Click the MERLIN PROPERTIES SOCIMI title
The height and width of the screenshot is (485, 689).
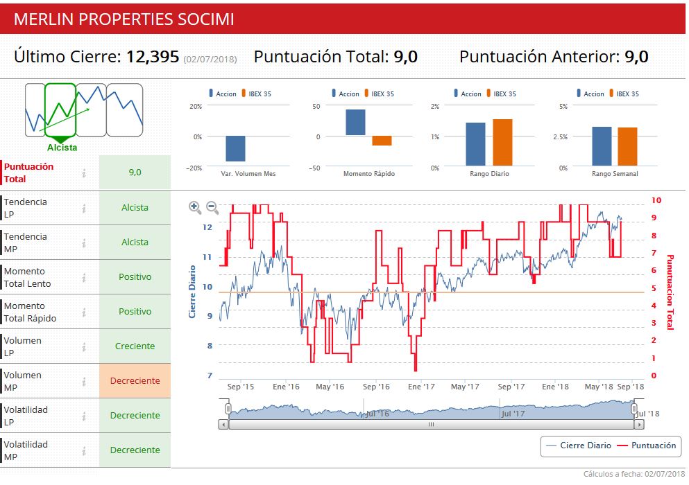[124, 19]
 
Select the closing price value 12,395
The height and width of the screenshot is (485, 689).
[152, 57]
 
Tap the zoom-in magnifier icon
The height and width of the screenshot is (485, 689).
[195, 206]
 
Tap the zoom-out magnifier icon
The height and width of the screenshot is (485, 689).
[212, 206]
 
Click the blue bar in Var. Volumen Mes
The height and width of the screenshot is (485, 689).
[235, 148]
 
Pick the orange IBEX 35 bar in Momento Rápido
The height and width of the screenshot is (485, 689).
[382, 141]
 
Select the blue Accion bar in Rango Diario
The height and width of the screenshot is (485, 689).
[475, 144]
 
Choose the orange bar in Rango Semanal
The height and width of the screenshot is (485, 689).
[627, 146]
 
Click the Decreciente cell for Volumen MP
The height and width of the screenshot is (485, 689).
[135, 381]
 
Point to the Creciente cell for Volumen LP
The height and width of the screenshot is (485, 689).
[135, 346]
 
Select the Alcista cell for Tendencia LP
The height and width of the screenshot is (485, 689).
[135, 208]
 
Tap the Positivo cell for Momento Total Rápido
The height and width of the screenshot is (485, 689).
[135, 312]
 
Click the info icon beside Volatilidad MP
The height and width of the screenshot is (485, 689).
[84, 450]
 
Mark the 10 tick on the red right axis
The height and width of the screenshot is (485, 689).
[656, 201]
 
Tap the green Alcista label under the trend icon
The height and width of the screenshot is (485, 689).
[62, 148]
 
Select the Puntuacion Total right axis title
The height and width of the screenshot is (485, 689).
[670, 292]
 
